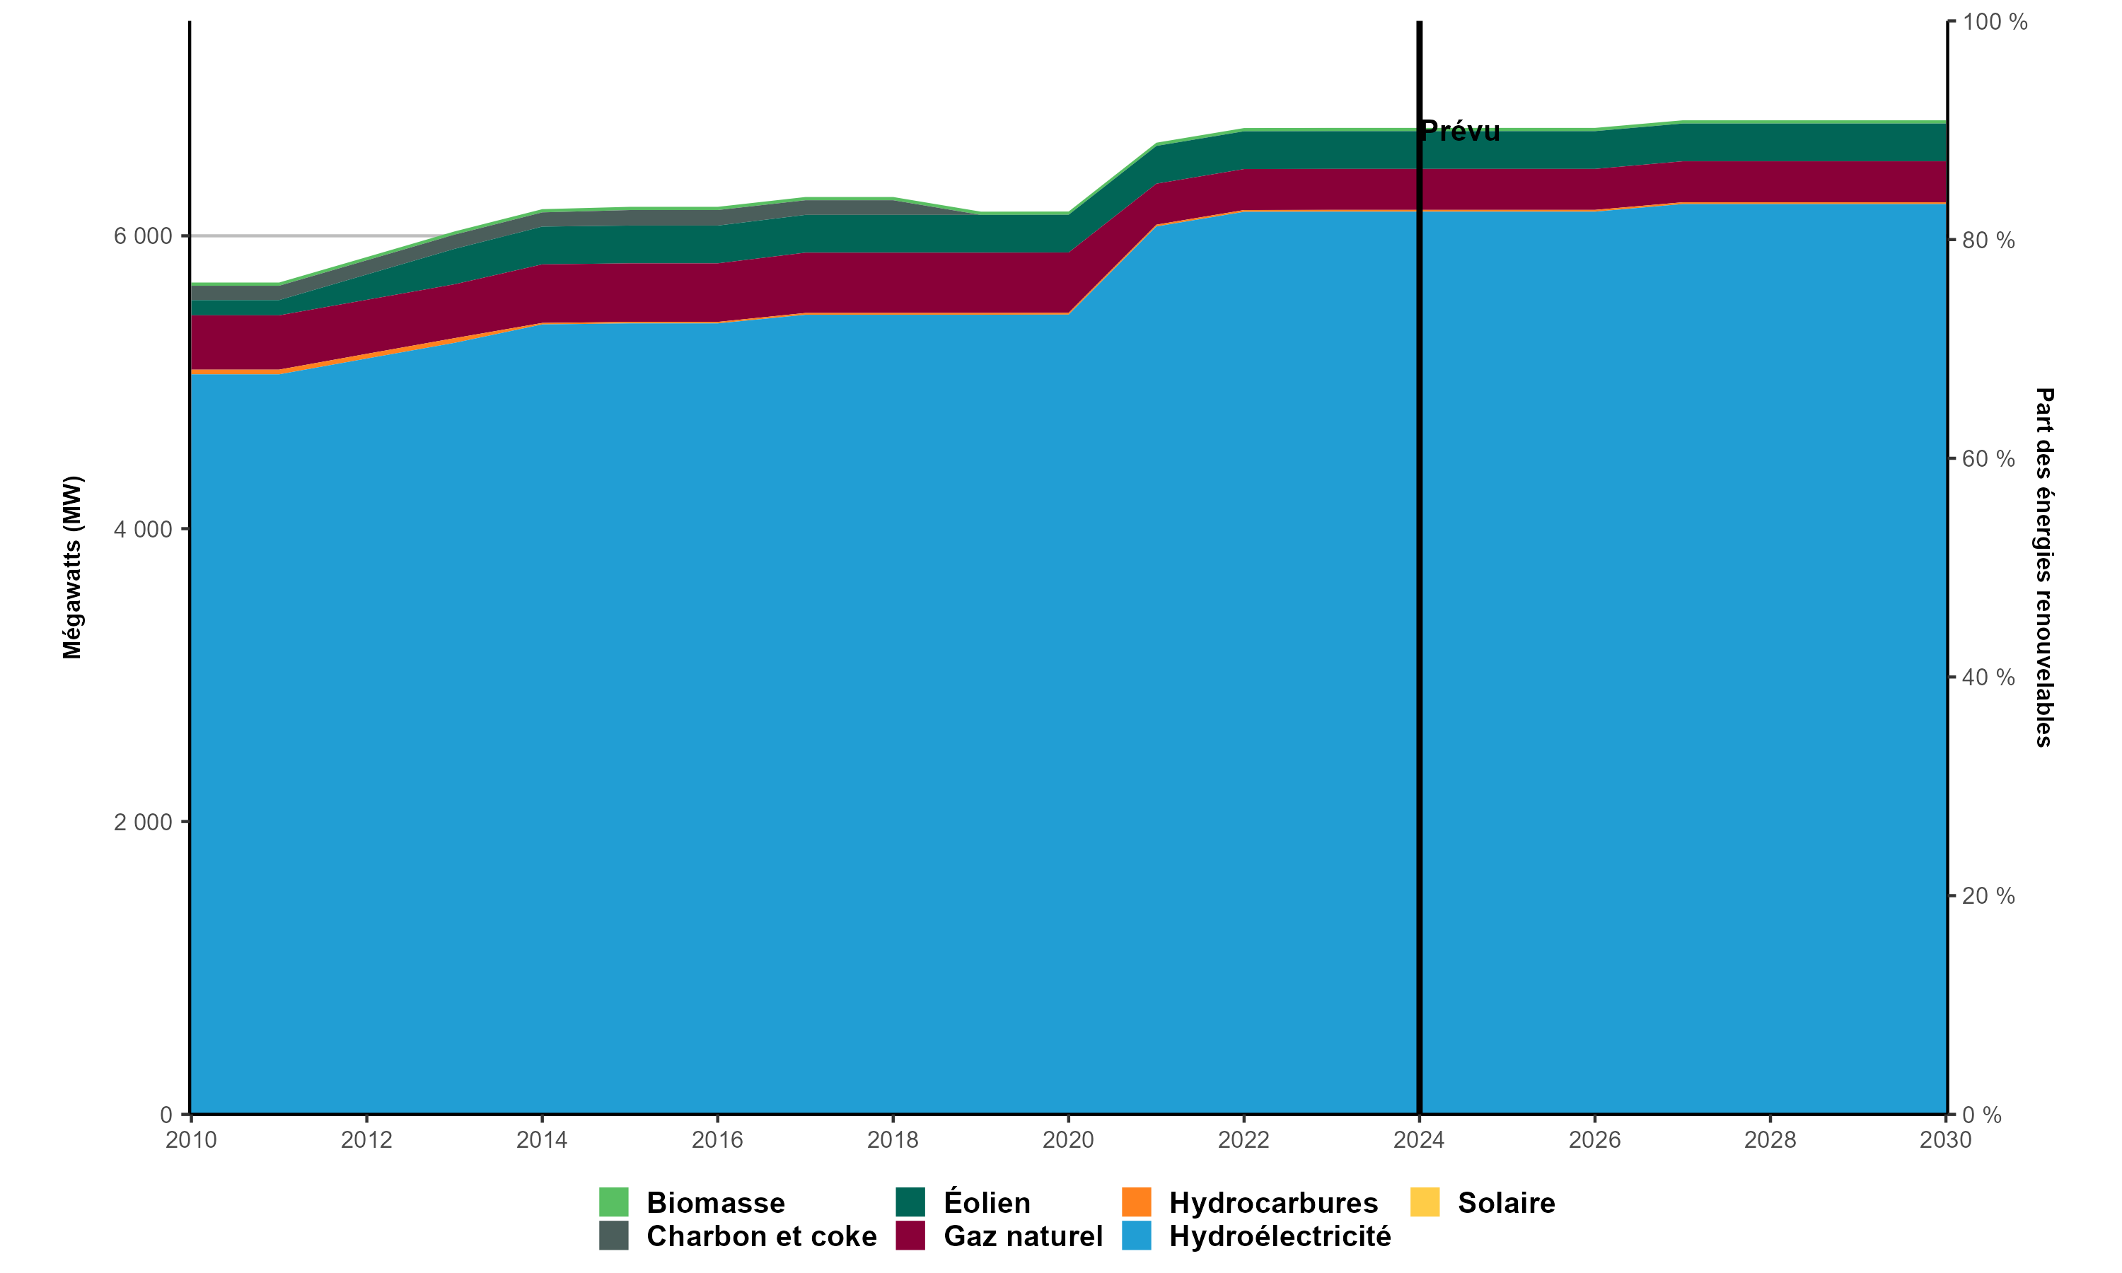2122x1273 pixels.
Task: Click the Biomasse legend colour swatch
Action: click(x=613, y=1202)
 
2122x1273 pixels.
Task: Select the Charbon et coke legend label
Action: click(x=761, y=1236)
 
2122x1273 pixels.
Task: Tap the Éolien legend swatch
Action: click(x=910, y=1202)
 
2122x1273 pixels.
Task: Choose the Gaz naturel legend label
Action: click(x=1022, y=1236)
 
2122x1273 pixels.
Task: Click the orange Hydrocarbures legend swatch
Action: click(x=1137, y=1202)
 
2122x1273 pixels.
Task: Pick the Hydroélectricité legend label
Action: click(x=1280, y=1236)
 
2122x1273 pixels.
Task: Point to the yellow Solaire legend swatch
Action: click(x=1425, y=1202)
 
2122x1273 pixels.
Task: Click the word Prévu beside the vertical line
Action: click(x=1461, y=132)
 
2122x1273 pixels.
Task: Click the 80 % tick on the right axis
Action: click(x=1988, y=241)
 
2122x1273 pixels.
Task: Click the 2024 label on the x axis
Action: click(x=1419, y=1140)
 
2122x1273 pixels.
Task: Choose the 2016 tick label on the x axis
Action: click(x=717, y=1140)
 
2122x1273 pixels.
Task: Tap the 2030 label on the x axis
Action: click(x=1945, y=1140)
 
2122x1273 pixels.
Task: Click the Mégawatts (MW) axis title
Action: click(x=72, y=567)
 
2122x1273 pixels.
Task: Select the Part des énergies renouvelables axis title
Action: click(x=2045, y=567)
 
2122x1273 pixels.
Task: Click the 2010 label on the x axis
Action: click(x=190, y=1140)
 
